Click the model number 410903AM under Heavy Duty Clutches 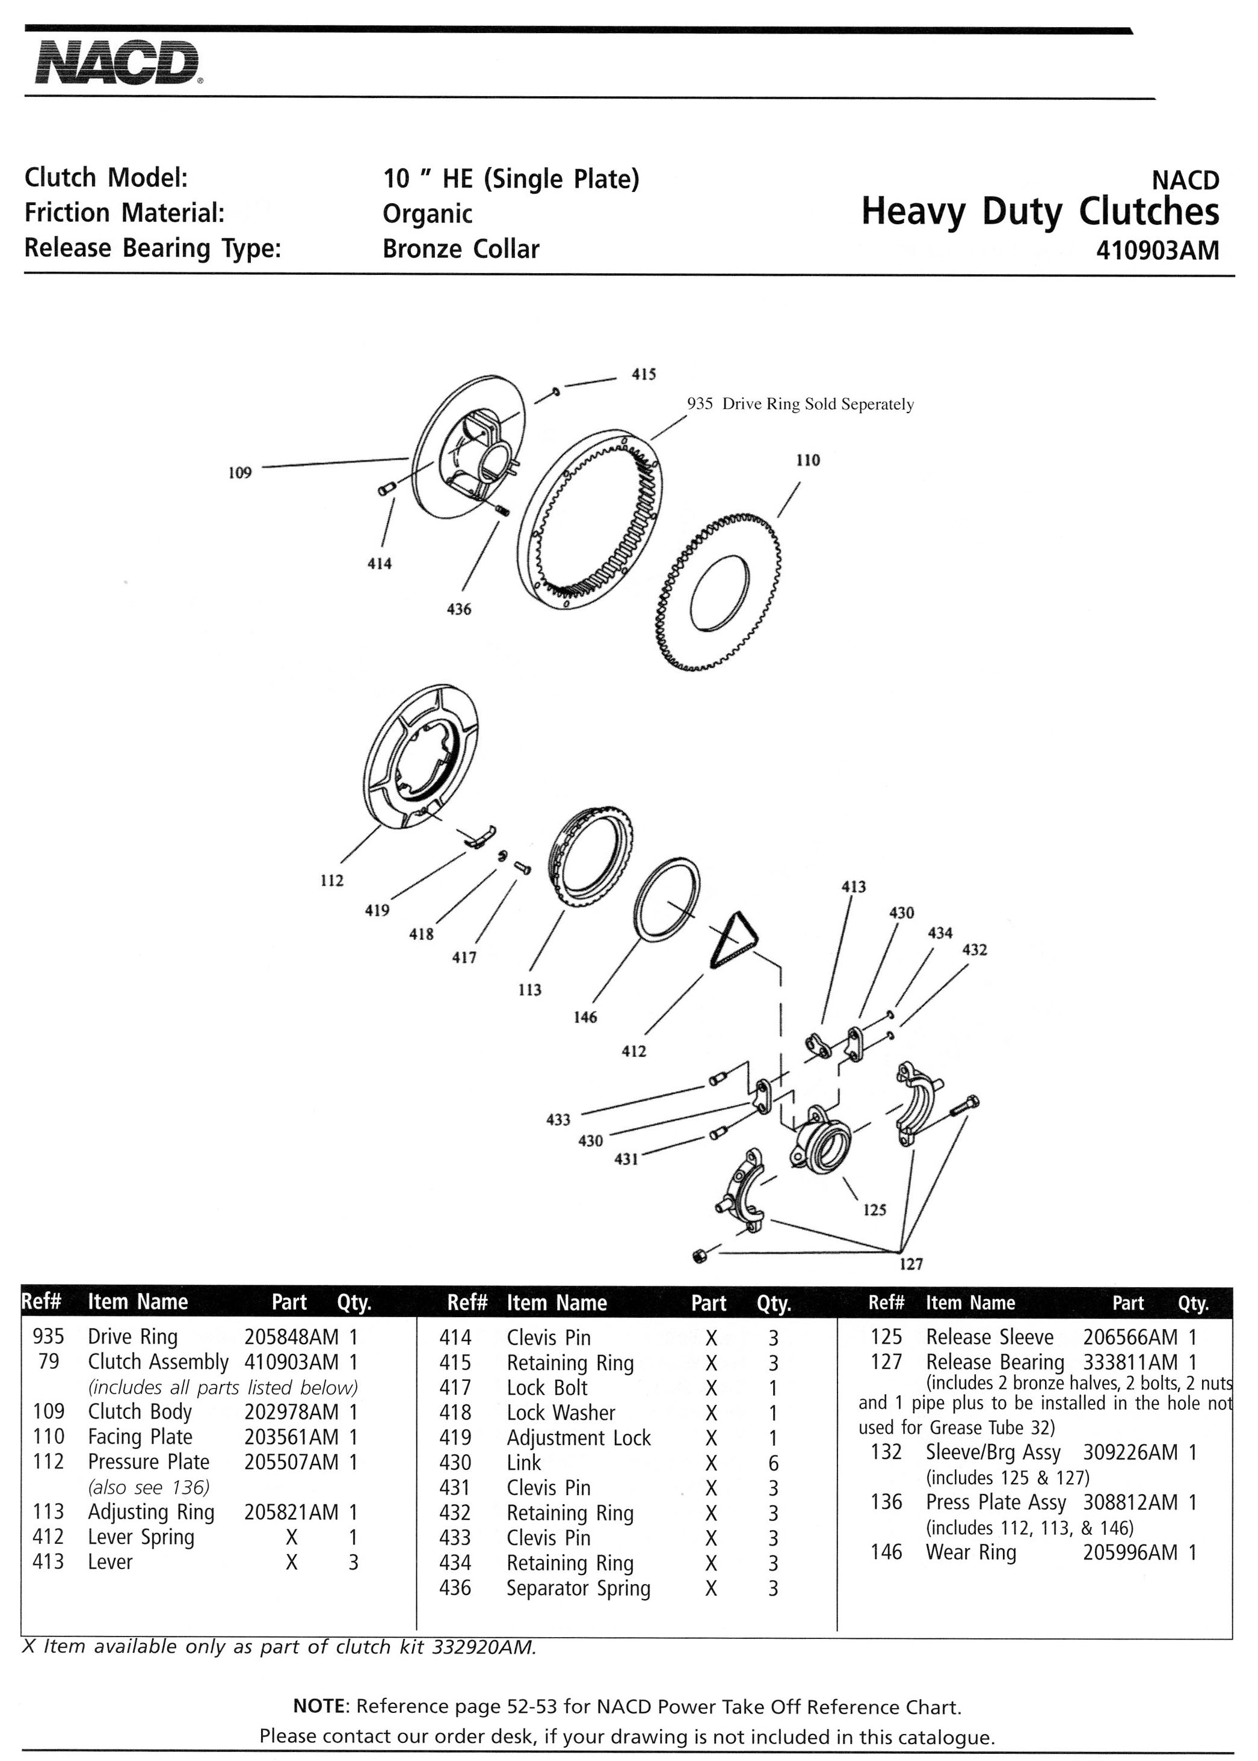click(1158, 251)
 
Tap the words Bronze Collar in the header click(461, 250)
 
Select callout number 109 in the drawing click(240, 472)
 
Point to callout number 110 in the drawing click(808, 460)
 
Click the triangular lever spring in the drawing click(733, 940)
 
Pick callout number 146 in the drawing click(585, 1018)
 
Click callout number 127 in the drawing click(911, 1264)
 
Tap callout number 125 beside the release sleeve click(875, 1209)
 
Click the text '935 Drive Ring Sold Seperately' click(800, 404)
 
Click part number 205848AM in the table click(291, 1336)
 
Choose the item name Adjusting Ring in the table click(151, 1511)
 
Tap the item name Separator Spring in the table click(579, 1588)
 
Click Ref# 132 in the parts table click(886, 1452)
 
